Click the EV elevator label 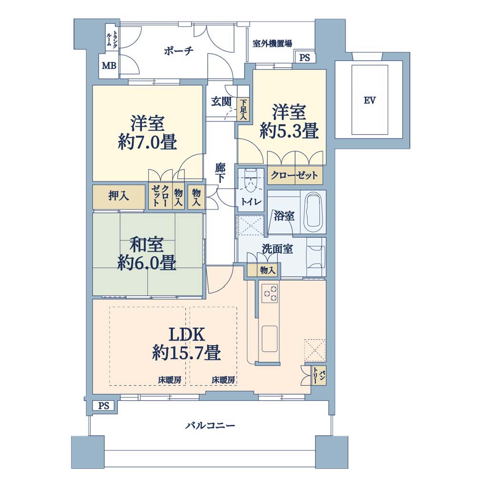[x=370, y=101]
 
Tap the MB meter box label [x=109, y=66]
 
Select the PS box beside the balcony [x=104, y=406]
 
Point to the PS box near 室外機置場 [x=305, y=58]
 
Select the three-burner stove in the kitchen [x=270, y=293]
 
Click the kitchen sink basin [x=270, y=339]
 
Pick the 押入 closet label [x=119, y=196]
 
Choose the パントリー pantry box [x=319, y=376]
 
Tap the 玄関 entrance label [x=221, y=101]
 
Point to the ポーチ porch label [x=179, y=51]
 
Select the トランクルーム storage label [x=112, y=39]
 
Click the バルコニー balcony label [x=210, y=425]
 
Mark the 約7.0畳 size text [x=148, y=142]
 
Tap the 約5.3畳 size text [x=289, y=131]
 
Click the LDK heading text [x=186, y=335]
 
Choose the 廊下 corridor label [x=220, y=173]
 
